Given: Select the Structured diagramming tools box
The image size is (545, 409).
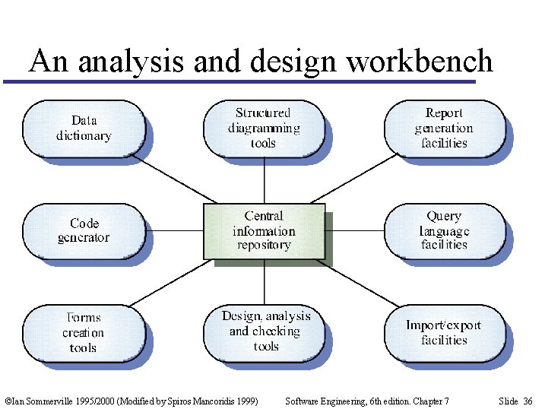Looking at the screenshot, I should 264,128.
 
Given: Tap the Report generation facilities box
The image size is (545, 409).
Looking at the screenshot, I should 444,128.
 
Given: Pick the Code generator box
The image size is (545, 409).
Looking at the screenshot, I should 83,230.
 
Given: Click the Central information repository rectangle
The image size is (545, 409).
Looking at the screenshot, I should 264,230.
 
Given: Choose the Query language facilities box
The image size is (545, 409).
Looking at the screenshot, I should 444,230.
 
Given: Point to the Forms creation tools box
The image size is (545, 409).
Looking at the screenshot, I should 83,333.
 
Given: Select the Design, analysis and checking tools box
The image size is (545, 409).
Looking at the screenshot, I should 265,331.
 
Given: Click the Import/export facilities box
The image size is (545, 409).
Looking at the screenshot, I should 444,333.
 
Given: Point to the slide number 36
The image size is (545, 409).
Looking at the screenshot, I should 527,401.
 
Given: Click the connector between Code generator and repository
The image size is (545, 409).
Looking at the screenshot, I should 173,230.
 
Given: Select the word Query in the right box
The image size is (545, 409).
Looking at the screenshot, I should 444,217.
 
